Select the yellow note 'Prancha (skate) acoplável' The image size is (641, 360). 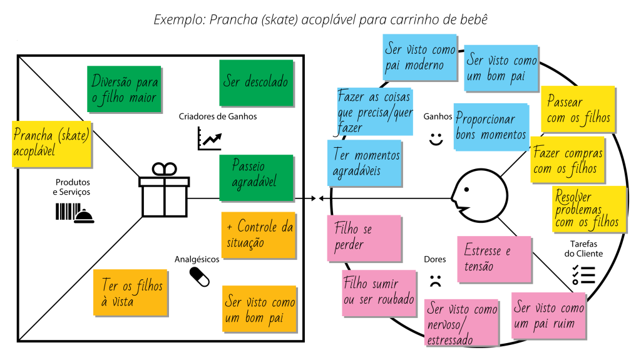coord(51,143)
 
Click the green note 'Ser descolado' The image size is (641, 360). coord(255,83)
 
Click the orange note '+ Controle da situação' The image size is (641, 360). coord(258,235)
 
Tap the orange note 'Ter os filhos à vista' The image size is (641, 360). coord(131,292)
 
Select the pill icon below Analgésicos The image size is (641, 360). coord(200,276)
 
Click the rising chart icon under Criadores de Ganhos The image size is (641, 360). coord(210,138)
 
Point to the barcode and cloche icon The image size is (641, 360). coord(74,213)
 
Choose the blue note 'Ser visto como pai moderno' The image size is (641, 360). coord(419,56)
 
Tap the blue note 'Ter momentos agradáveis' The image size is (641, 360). coord(364,163)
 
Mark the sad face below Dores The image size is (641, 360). coord(436,280)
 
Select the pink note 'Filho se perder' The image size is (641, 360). coord(364,238)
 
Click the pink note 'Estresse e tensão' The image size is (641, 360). coord(494,258)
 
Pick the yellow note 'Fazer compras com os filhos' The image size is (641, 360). coord(568,160)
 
